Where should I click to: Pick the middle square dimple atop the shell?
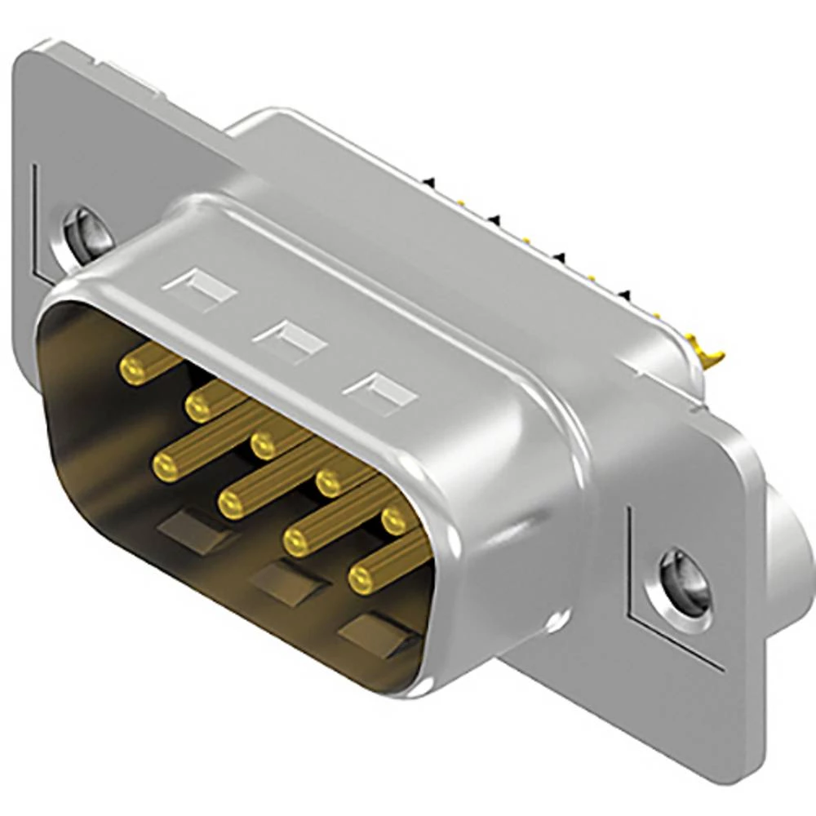(289, 340)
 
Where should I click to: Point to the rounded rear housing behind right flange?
(787, 547)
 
